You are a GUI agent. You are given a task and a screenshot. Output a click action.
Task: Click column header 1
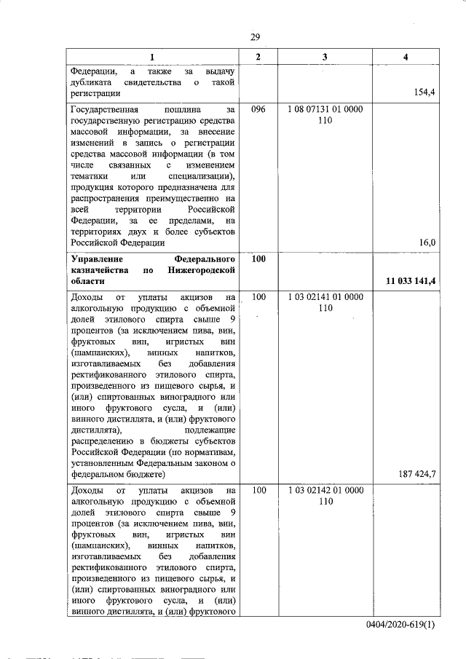pos(152,57)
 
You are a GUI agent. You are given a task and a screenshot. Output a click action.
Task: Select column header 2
pos(258,57)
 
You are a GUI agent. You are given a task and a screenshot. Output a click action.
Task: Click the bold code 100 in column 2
pos(258,259)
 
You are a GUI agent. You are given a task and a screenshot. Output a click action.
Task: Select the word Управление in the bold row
pos(98,259)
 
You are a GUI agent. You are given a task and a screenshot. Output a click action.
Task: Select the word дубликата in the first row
pos(93,82)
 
